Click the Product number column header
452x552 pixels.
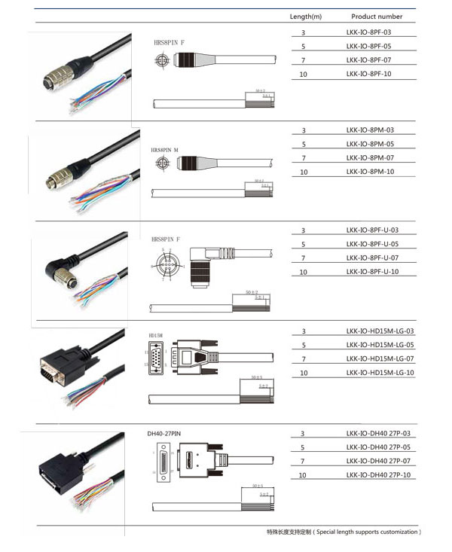click(x=377, y=17)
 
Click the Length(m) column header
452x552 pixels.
click(x=306, y=17)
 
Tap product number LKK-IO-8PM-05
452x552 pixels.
click(x=370, y=144)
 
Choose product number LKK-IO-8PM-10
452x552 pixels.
click(x=370, y=172)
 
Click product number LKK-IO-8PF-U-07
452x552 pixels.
click(x=372, y=258)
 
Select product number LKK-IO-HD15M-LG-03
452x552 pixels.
click(x=380, y=331)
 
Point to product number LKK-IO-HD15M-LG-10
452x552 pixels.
click(x=380, y=373)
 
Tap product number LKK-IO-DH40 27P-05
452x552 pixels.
click(x=379, y=447)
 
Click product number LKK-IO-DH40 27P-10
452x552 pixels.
click(x=379, y=475)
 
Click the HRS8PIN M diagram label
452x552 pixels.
click(x=166, y=150)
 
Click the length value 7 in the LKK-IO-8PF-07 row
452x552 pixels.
click(x=304, y=61)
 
